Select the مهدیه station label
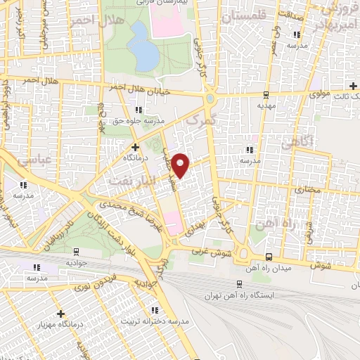pos(265,105)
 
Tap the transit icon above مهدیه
pos(265,94)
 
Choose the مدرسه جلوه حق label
pos(139,120)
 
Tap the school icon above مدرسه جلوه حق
pos(139,110)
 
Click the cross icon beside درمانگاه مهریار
pos(61,314)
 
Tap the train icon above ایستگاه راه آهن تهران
pos(240,285)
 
